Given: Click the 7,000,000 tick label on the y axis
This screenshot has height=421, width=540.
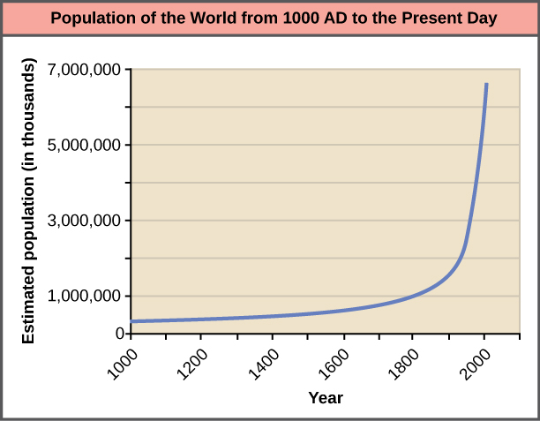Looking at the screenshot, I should pyautogui.click(x=86, y=70).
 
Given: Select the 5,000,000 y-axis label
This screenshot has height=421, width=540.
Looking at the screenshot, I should pyautogui.click(x=86, y=145).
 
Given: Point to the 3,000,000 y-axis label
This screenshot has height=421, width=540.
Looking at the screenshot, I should pyautogui.click(x=86, y=221).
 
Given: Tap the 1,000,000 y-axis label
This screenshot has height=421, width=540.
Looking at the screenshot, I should pyautogui.click(x=86, y=297).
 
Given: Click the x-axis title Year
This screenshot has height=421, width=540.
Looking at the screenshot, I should pyautogui.click(x=326, y=397).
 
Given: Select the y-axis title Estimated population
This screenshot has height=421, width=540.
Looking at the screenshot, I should pyautogui.click(x=29, y=201).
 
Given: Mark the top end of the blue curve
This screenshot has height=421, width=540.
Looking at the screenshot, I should pyautogui.click(x=486, y=84).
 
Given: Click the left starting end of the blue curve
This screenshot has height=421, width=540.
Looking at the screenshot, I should pyautogui.click(x=132, y=321).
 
